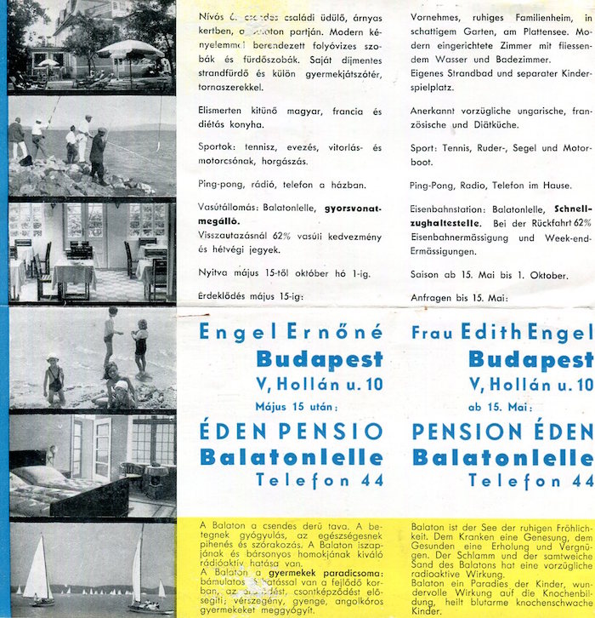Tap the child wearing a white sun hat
53,375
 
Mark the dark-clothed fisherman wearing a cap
99,153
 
